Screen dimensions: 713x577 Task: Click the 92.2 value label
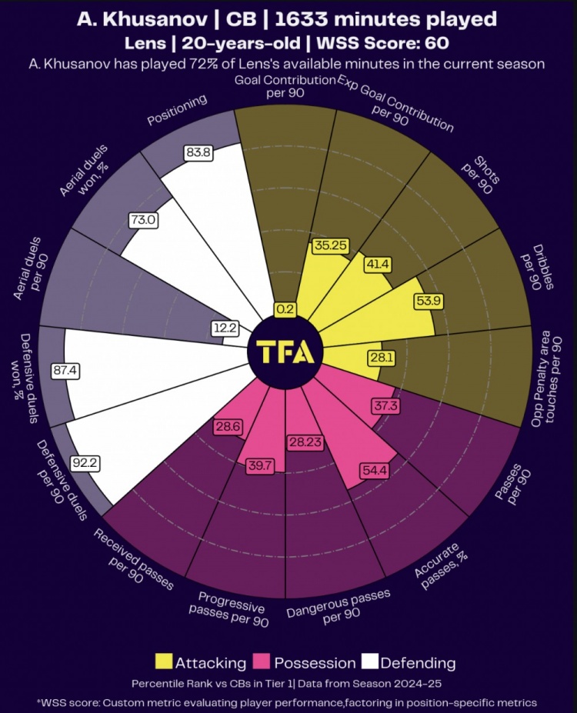82,464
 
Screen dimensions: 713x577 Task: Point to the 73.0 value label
143,220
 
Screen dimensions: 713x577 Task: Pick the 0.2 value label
285,309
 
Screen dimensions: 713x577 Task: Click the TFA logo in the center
285,352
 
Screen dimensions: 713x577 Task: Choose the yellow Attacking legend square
163,661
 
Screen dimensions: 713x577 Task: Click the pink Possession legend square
262,661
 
